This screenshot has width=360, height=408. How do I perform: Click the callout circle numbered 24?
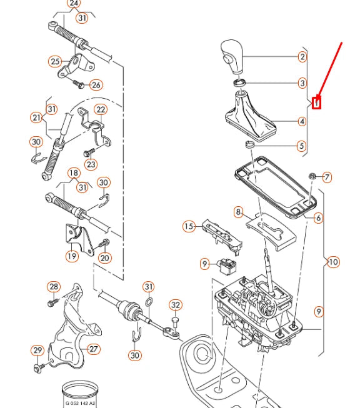pos(74,4)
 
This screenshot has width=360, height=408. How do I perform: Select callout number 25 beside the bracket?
pos(55,61)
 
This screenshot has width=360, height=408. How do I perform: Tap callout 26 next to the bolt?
pos(95,85)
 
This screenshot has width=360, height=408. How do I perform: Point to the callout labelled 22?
pos(100,110)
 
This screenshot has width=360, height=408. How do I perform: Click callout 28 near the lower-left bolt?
pos(54,287)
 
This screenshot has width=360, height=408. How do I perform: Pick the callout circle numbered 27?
pos(94,349)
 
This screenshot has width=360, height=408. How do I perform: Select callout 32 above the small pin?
pos(176,305)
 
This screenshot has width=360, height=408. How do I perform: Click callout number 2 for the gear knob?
pos(302,57)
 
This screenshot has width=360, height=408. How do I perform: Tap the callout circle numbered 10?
pos(333,262)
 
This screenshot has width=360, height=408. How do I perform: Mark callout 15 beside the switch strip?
pos(189,226)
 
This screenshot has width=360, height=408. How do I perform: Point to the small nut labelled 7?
pos(311,177)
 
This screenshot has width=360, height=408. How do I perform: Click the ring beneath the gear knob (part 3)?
pos(239,82)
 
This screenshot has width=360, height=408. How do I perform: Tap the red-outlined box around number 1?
pos(316,102)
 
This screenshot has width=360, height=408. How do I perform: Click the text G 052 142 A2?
pos(80,403)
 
